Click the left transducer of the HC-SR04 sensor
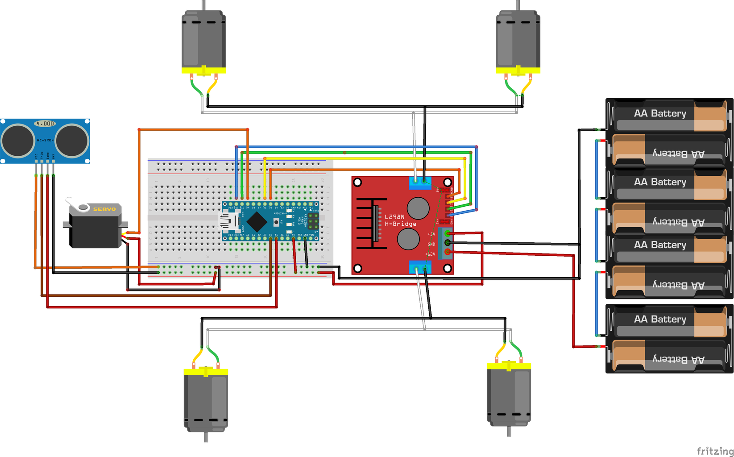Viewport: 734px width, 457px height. coord(17,141)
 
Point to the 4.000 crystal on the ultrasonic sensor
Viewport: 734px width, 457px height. coord(45,124)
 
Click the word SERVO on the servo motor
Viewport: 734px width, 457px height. coord(104,209)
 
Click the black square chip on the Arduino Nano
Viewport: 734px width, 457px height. coord(257,222)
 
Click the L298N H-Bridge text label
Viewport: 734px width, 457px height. coord(400,220)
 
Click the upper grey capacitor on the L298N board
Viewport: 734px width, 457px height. coord(418,208)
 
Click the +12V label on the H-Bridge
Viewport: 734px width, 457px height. coord(430,254)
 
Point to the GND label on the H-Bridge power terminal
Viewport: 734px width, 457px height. coord(431,244)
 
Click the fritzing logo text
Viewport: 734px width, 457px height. coord(715,451)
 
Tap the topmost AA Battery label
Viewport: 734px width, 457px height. coord(660,113)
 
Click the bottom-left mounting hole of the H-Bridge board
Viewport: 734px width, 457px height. coord(357,268)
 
